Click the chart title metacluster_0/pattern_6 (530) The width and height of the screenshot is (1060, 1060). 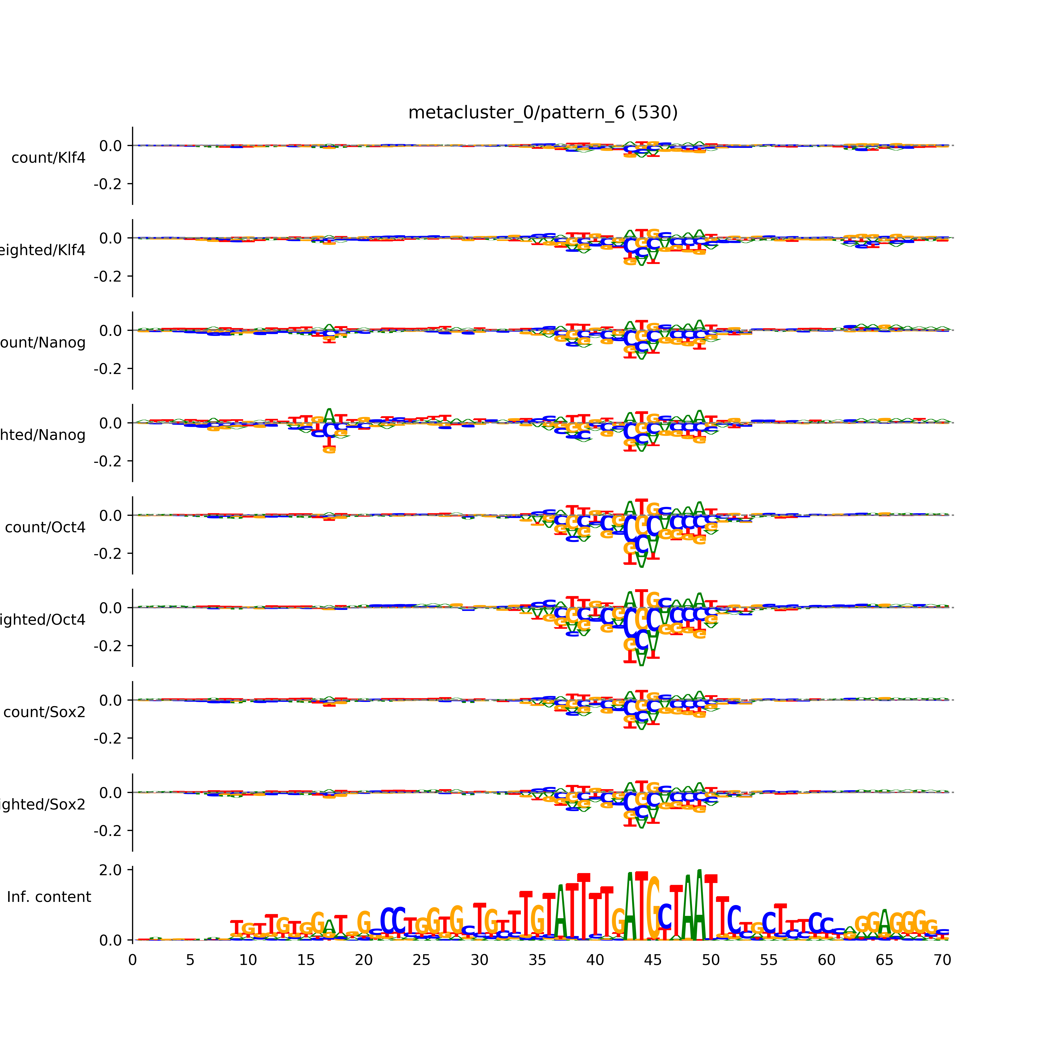[543, 113]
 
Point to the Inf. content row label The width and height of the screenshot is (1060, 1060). [49, 897]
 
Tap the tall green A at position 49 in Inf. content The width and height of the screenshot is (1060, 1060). [699, 905]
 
